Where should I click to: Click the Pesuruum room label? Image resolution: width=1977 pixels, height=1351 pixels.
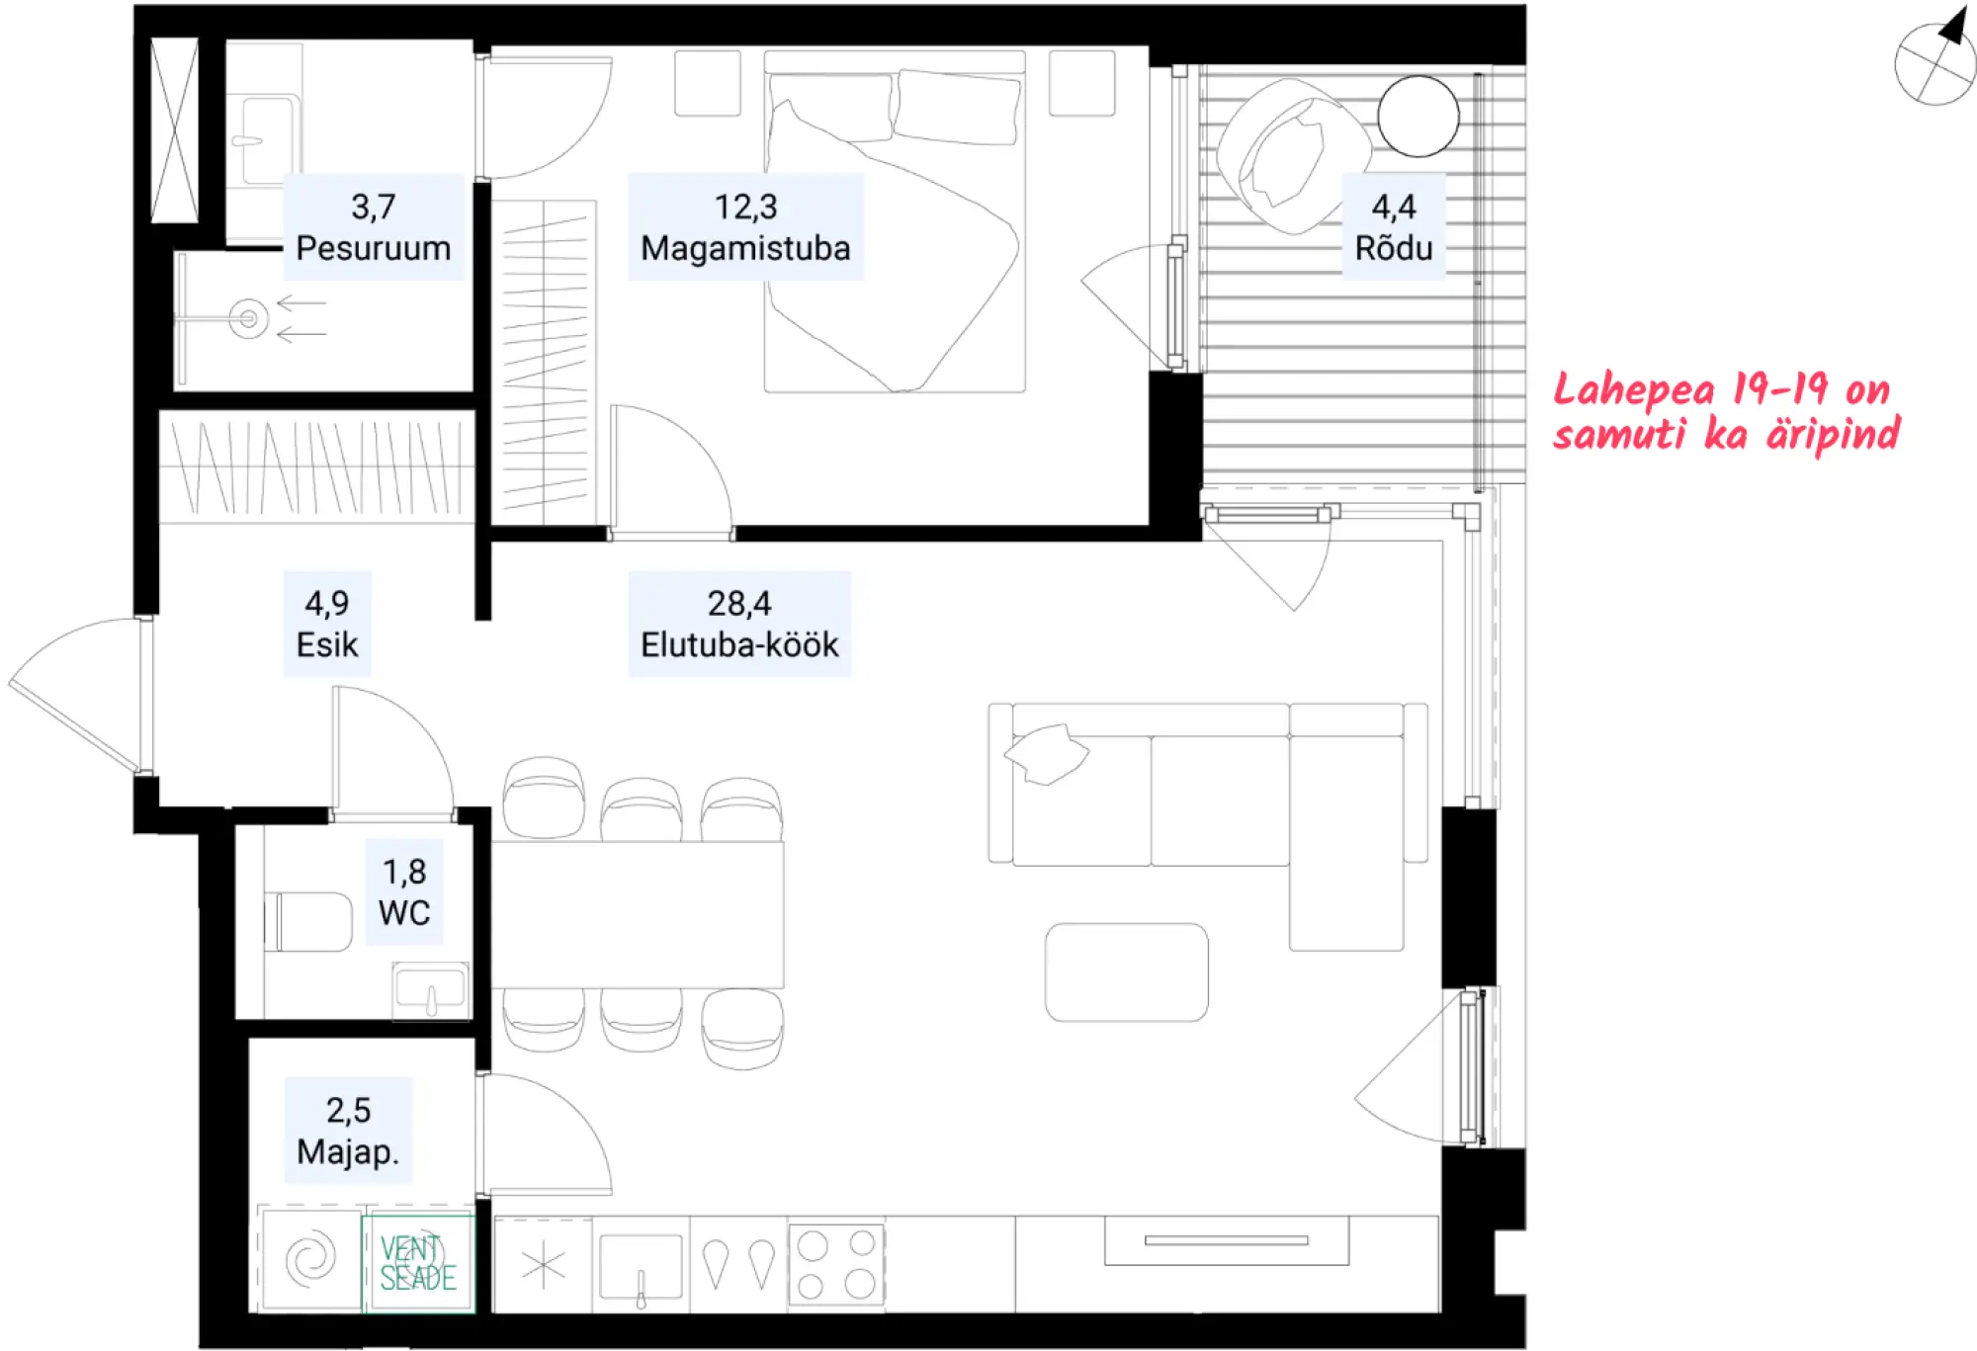point(374,248)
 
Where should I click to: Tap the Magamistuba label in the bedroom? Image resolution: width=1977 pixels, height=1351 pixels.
point(745,248)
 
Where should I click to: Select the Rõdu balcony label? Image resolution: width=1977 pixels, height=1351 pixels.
point(1394,248)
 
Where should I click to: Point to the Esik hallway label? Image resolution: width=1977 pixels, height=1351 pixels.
point(327,644)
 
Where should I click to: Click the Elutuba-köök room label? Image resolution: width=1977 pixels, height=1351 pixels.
point(739,644)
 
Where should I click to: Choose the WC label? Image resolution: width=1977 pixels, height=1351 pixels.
point(404,912)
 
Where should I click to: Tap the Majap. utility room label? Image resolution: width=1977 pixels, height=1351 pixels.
point(348,1151)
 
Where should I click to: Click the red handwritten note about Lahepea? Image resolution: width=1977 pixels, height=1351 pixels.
point(1726,412)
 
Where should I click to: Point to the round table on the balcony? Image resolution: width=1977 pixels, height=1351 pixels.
point(1418,117)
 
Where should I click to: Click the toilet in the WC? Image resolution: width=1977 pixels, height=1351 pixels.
point(308,922)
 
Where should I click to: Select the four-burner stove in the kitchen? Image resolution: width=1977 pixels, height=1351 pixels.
point(836,1264)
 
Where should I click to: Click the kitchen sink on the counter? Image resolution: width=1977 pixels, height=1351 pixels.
point(641,1266)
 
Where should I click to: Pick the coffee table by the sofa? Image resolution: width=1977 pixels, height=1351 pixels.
point(1127,972)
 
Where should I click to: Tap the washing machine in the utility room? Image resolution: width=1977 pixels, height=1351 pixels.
point(310,1259)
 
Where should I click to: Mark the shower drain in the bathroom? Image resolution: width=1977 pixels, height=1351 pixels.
point(248,318)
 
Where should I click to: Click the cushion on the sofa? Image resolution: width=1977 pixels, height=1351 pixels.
point(1046,753)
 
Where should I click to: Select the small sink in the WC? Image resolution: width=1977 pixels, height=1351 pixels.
point(430,990)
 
